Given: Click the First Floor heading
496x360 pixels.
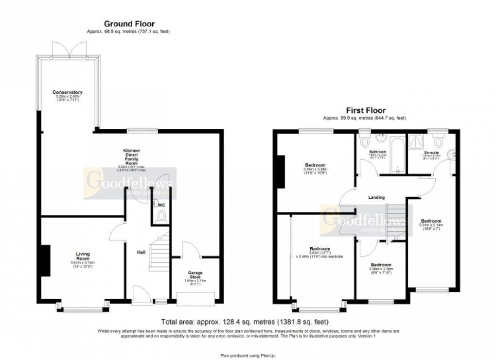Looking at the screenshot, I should [365, 110].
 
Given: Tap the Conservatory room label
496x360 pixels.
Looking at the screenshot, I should [68, 92].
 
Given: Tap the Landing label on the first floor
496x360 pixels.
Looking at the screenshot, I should [376, 198].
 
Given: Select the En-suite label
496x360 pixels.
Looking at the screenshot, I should [431, 153].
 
